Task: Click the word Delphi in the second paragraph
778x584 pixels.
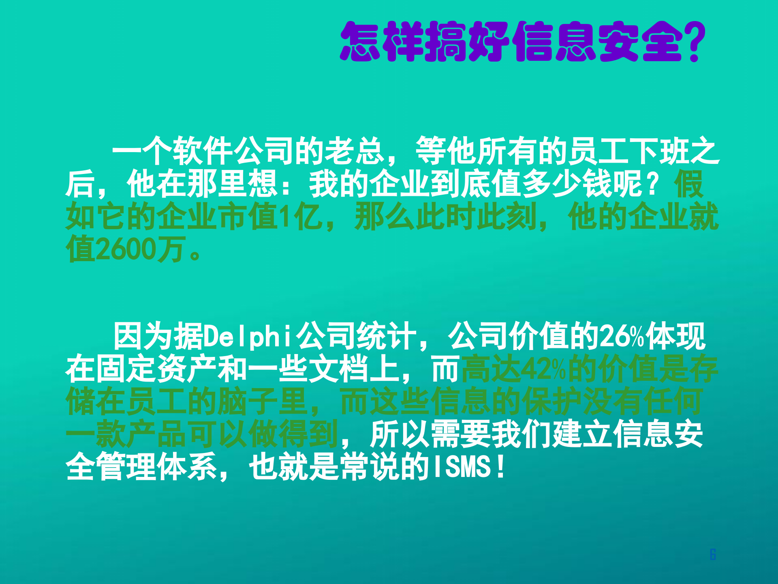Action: coord(247,337)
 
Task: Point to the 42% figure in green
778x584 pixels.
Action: coord(543,369)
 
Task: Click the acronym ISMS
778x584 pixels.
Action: coord(462,467)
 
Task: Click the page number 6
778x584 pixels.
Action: coord(713,554)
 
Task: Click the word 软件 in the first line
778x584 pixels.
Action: coord(203,151)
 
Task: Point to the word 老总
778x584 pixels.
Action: coord(353,151)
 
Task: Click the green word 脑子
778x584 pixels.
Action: coord(262,401)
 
